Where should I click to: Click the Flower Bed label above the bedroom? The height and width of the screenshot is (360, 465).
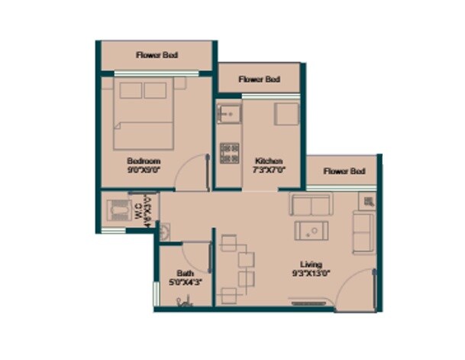tap(157, 55)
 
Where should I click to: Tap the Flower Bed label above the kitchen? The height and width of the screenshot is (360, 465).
tap(259, 79)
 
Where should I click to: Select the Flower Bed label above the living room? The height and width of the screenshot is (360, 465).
tap(344, 171)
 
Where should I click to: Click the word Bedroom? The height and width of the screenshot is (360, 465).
tap(144, 161)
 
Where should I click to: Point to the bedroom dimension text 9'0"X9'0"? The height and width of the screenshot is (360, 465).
tap(144, 170)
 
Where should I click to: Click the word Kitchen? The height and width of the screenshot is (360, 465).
tap(269, 161)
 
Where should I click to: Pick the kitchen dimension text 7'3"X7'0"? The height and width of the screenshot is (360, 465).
tap(269, 170)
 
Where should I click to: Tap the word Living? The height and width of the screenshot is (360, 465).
tap(311, 264)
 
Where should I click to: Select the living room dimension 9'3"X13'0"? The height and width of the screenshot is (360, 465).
tap(311, 273)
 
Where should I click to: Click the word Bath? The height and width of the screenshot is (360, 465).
tap(185, 273)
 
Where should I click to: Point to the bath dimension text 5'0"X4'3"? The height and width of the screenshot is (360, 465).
tap(185, 282)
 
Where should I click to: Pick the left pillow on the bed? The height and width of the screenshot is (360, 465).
tap(130, 90)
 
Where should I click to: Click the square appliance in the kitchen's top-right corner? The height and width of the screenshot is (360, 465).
tap(286, 115)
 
